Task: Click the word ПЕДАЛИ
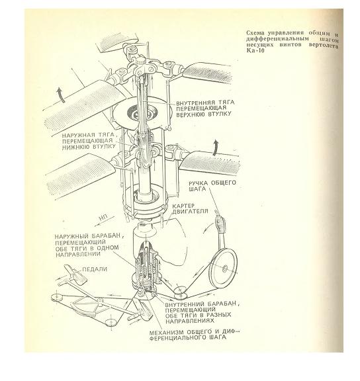(x=95, y=269)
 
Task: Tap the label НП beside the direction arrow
(x=103, y=217)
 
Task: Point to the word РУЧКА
(x=198, y=183)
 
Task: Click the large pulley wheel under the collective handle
(x=223, y=268)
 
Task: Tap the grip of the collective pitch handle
(x=220, y=224)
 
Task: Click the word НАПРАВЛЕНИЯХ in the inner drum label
(x=191, y=321)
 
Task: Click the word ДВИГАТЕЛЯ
(x=191, y=211)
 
